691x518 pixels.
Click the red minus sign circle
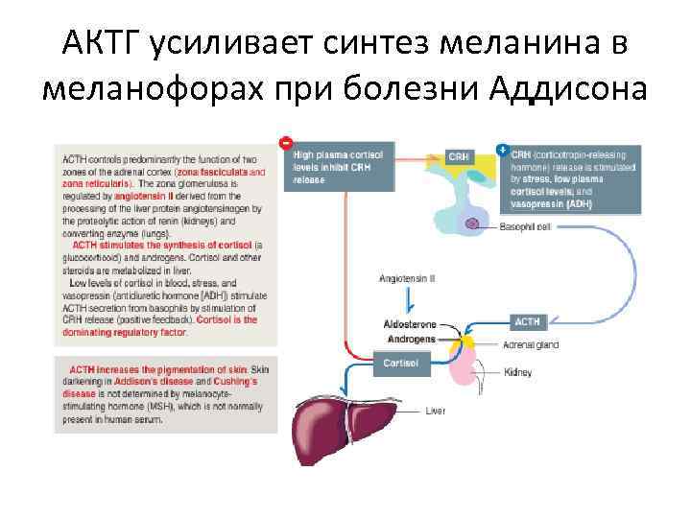[285, 142]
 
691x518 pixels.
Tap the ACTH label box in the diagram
[529, 321]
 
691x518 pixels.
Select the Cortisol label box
[399, 364]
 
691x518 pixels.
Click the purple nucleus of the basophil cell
[472, 224]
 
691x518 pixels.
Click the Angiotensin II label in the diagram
[407, 278]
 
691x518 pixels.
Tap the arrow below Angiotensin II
[407, 301]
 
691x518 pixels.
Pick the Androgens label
[411, 339]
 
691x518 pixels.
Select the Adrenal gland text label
[531, 344]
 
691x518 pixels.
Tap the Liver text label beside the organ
[436, 412]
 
